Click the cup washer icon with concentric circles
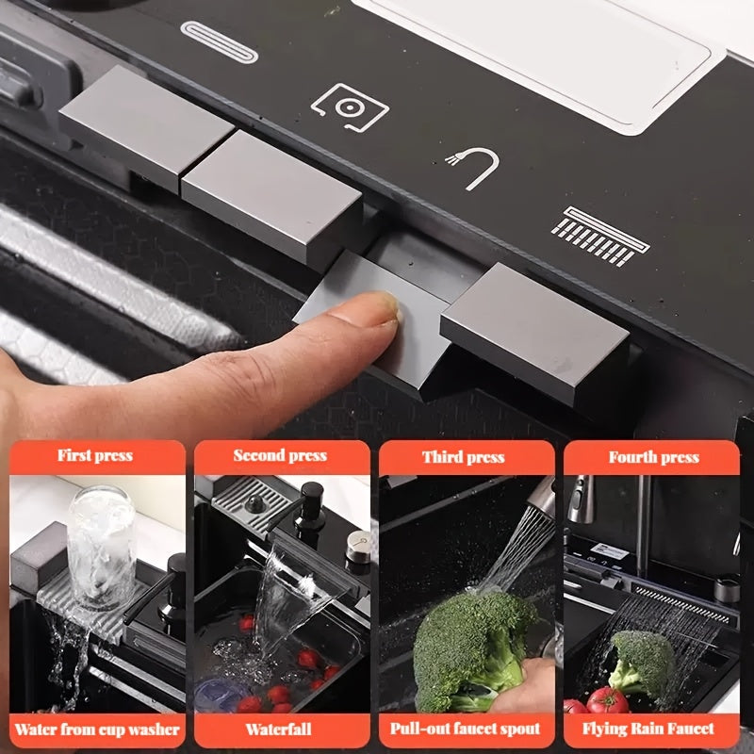[350, 107]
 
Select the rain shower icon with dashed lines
[600, 237]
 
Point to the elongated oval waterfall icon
[220, 41]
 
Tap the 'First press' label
[95, 455]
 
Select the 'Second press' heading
[280, 455]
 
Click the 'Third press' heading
[464, 457]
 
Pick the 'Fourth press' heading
[654, 457]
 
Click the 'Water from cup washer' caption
[97, 729]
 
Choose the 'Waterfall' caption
[278, 729]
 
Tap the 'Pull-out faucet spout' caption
[465, 729]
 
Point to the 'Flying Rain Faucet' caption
[648, 729]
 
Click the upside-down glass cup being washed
[102, 547]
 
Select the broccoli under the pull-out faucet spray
[474, 649]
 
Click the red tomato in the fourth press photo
[607, 700]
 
